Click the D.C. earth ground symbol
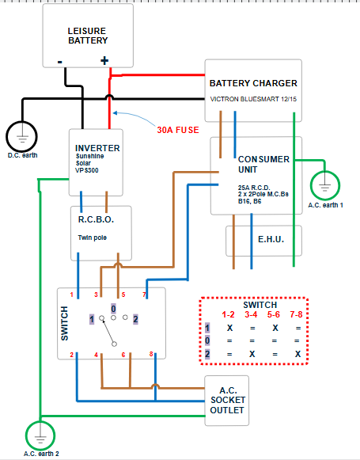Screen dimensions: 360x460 click(x=21, y=136)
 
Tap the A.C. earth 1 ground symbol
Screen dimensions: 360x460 click(x=325, y=185)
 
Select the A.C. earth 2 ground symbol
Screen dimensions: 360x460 click(x=40, y=435)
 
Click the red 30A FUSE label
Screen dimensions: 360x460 click(x=178, y=130)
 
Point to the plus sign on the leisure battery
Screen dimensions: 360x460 click(x=104, y=61)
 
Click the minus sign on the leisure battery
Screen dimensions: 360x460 click(x=60, y=62)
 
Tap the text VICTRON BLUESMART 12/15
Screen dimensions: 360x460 click(x=253, y=99)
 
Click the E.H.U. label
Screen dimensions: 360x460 click(x=271, y=239)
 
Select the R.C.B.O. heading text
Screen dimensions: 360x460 click(x=96, y=219)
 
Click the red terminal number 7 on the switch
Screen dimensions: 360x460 click(x=144, y=295)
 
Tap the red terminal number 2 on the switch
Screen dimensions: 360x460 click(x=71, y=355)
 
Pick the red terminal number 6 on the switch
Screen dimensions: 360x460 click(x=123, y=355)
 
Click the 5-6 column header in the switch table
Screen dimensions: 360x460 click(x=274, y=314)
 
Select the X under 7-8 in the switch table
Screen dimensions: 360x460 click(x=297, y=354)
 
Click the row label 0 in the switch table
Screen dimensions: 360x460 click(x=207, y=340)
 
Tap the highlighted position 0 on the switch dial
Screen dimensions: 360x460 click(x=113, y=309)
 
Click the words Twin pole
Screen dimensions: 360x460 click(x=93, y=238)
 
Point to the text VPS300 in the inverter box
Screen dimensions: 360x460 click(x=87, y=170)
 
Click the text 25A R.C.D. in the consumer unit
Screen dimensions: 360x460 click(x=254, y=188)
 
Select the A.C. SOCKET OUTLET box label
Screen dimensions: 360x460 click(x=227, y=400)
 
